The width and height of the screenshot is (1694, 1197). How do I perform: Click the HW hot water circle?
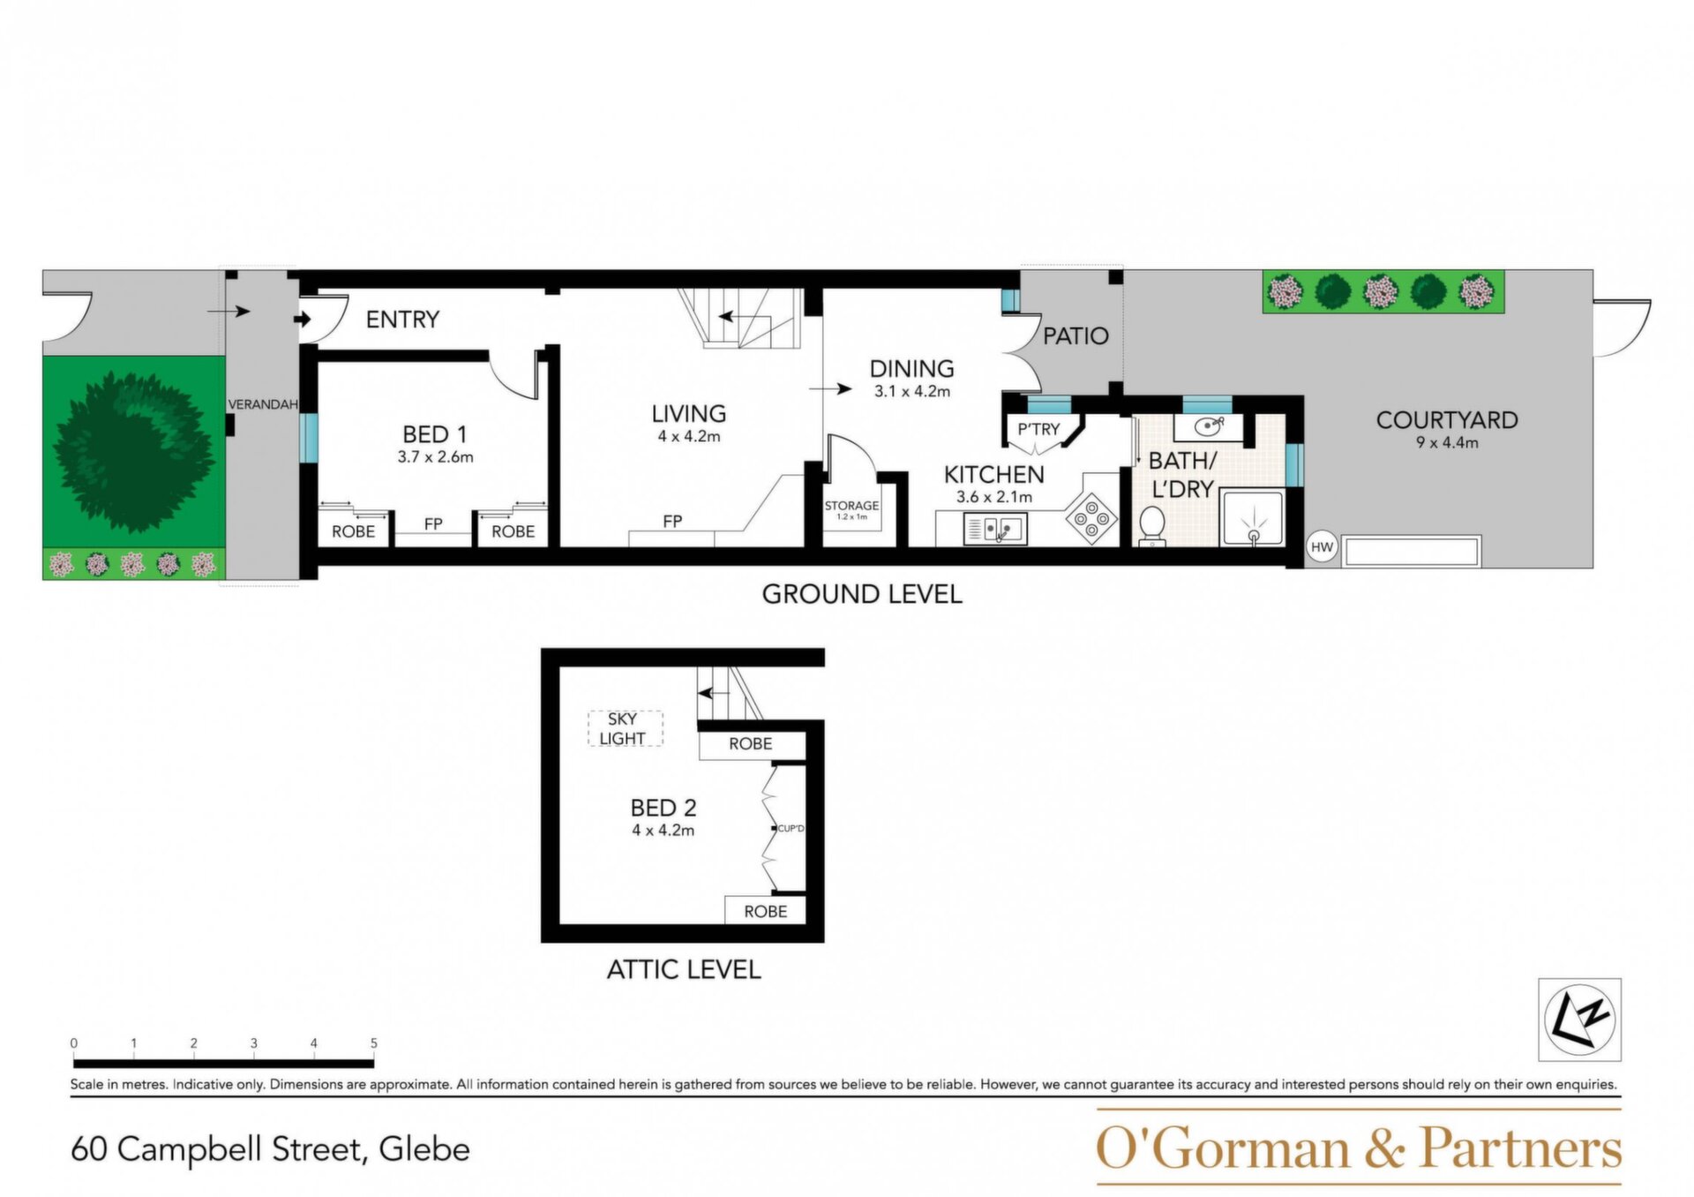[x=1322, y=547]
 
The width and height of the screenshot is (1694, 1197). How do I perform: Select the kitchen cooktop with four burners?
[x=1092, y=516]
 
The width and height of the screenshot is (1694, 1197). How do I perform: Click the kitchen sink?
[x=995, y=529]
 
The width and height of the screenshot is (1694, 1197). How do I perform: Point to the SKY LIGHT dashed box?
[x=625, y=729]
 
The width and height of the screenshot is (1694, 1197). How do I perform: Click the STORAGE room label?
[x=851, y=506]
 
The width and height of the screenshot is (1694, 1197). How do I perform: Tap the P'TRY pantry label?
[x=1038, y=430]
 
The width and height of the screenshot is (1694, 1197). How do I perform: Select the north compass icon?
[x=1579, y=1020]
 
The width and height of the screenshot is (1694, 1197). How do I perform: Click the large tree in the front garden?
[x=134, y=452]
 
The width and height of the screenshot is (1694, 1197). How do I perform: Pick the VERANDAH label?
[x=263, y=404]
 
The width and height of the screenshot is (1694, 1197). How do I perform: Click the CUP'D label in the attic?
[x=791, y=828]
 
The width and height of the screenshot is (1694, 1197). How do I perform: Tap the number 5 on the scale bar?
[x=374, y=1043]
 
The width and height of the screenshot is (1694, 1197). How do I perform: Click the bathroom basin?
[x=1209, y=426]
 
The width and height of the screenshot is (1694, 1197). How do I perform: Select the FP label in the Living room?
[x=672, y=522]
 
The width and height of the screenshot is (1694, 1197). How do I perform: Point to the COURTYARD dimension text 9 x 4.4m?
[x=1447, y=443]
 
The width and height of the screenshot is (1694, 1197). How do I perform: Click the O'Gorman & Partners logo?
[x=1359, y=1148]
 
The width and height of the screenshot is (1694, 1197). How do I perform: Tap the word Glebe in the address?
[x=424, y=1149]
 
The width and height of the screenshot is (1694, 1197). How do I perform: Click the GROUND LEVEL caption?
[x=862, y=594]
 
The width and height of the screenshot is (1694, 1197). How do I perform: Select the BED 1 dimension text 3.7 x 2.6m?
[x=436, y=457]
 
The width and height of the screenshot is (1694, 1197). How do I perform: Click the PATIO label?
[x=1076, y=335]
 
